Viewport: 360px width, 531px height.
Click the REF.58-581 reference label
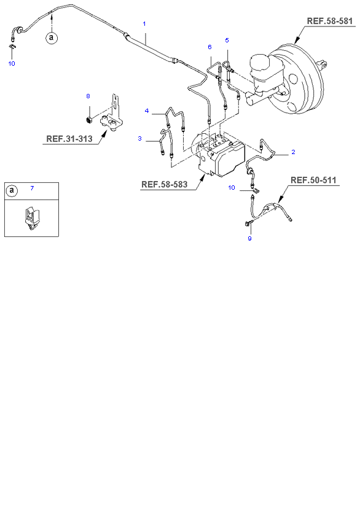coord(329,21)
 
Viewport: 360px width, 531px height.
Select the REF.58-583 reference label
coord(164,184)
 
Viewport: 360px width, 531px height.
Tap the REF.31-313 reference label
coord(69,139)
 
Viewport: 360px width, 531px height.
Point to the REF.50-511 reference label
coord(313,180)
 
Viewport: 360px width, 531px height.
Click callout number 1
coord(144,24)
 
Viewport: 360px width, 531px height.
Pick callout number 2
coord(293,152)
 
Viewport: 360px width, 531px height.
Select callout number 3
coord(139,139)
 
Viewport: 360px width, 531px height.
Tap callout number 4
coord(147,110)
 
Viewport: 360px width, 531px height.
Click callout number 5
coord(227,41)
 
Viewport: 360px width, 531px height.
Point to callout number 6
coord(210,47)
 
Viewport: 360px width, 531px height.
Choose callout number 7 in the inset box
coord(32,188)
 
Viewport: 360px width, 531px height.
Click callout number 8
coord(88,96)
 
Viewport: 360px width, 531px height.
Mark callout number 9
coord(250,238)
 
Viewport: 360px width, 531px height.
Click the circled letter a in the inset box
coord(12,191)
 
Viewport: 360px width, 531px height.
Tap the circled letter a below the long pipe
coord(51,37)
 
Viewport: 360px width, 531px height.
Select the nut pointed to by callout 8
coord(89,120)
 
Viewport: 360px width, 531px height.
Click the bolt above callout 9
coord(247,223)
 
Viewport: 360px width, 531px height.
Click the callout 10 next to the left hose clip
coord(12,64)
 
